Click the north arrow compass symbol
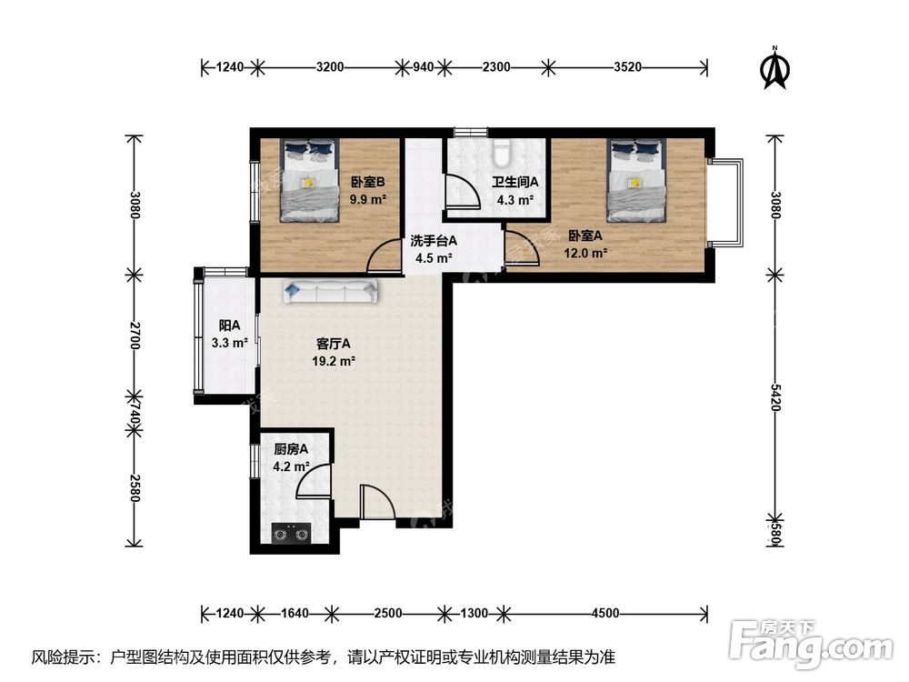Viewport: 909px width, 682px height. point(774,68)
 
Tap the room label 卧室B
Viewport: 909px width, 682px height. point(367,182)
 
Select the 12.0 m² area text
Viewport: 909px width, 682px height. point(585,253)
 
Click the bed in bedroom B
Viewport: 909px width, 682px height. point(309,180)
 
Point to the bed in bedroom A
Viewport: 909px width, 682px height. point(636,180)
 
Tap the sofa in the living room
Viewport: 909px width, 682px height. point(331,291)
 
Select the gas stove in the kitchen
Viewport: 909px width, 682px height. point(291,534)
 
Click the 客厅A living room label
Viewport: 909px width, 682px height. point(334,344)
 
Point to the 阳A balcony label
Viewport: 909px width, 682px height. point(229,326)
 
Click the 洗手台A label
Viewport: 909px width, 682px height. point(434,240)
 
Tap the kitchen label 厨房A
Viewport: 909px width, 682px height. point(291,449)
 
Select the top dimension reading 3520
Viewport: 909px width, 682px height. point(628,67)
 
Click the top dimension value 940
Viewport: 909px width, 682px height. point(424,67)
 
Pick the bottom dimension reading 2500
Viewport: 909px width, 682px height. point(388,613)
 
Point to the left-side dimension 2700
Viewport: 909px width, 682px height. point(134,336)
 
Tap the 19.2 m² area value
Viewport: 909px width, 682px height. point(334,361)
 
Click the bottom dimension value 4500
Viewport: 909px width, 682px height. point(605,613)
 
